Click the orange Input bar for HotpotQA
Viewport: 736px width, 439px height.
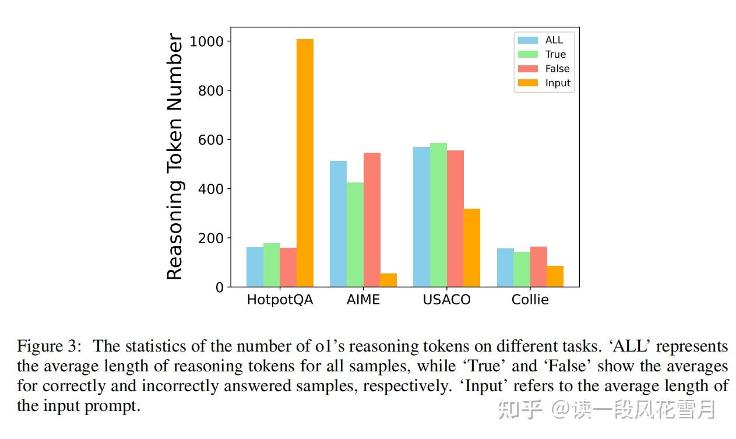305,163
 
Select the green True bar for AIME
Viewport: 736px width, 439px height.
355,234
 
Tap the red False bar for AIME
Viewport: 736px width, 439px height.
372,220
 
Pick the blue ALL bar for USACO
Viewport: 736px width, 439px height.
421,217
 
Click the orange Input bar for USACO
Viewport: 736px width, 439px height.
471,248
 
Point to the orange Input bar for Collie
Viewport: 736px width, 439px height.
555,276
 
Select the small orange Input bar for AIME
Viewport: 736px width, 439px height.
388,280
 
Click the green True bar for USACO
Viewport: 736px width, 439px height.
438,215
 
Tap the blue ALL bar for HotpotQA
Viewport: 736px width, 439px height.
255,267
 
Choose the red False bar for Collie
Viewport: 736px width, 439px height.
538,267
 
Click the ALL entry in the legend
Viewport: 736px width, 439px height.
554,40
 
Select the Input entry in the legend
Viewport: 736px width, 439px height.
557,83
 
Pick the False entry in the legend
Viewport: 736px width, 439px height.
557,69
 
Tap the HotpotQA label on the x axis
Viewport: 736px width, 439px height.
280,300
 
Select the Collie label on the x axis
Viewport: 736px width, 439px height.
530,300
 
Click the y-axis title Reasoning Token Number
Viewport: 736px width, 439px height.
175,157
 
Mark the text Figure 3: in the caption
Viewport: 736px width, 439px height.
50,346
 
